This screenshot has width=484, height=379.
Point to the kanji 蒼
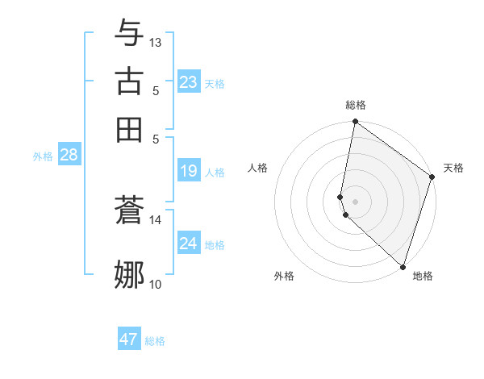(x=130, y=212)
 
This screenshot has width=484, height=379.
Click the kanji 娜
(x=130, y=274)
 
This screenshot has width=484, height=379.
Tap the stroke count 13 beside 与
(x=156, y=42)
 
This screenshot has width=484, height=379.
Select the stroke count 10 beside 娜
(x=156, y=283)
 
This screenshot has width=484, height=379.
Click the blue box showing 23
(x=189, y=82)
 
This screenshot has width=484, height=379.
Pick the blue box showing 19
(x=189, y=171)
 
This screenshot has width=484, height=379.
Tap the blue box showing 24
(x=189, y=243)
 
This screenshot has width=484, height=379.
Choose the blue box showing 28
(x=69, y=156)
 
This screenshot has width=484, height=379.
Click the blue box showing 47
(x=129, y=339)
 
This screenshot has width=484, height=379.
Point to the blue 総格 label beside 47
(x=155, y=341)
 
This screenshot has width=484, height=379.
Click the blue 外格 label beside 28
(x=43, y=157)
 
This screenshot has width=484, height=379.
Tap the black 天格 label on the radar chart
(x=453, y=168)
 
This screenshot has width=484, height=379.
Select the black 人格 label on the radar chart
(x=258, y=168)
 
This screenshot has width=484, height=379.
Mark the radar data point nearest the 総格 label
(x=355, y=123)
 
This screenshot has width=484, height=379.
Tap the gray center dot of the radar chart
(x=355, y=201)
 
